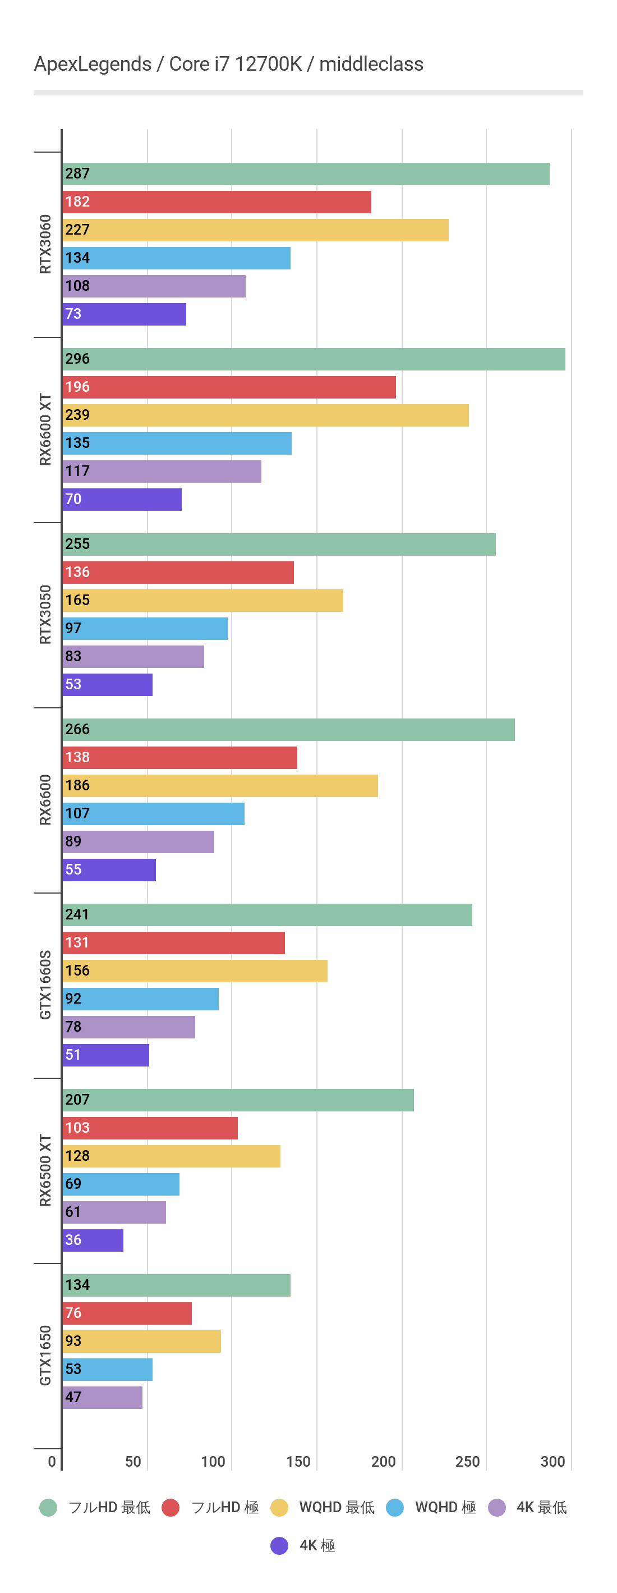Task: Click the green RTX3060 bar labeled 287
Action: point(306,174)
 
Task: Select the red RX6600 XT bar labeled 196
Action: point(229,387)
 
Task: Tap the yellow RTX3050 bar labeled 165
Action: point(203,601)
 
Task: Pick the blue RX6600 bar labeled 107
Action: point(153,814)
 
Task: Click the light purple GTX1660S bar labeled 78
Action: point(128,1027)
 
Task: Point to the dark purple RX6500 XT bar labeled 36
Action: point(93,1240)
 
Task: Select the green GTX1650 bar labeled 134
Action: point(176,1285)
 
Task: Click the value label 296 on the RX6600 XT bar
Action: point(77,359)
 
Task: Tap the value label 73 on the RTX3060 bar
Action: point(73,314)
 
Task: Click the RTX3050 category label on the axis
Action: point(45,615)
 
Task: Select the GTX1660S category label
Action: point(45,985)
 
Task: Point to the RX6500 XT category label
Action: point(45,1170)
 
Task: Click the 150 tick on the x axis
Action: point(298,1461)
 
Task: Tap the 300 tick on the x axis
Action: point(552,1461)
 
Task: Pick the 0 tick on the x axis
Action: point(52,1461)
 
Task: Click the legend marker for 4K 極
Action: point(279,1545)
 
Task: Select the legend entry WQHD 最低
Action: point(337,1508)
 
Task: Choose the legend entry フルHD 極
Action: point(224,1508)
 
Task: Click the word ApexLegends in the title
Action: point(93,65)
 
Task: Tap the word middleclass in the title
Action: point(371,65)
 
